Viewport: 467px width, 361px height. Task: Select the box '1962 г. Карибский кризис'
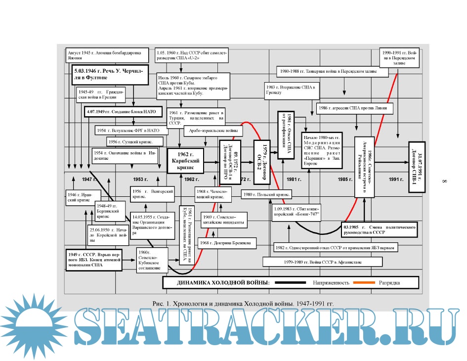pyautogui.click(x=186, y=158)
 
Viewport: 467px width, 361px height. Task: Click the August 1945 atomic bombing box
pyautogui.click(x=106, y=54)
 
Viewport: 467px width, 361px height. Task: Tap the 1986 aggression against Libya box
pyautogui.click(x=355, y=107)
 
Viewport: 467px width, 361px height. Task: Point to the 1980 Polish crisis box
pyautogui.click(x=267, y=194)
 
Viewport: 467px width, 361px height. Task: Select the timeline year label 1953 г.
pyautogui.click(x=140, y=179)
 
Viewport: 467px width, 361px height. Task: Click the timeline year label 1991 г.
pyautogui.click(x=397, y=179)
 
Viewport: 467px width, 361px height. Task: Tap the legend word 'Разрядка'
pyautogui.click(x=389, y=283)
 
